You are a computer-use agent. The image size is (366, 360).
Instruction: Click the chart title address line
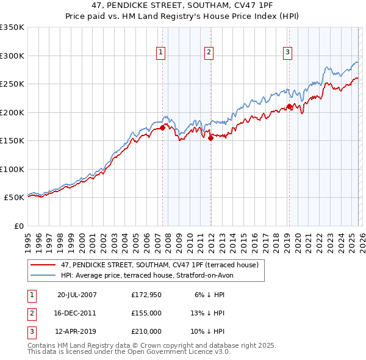(x=182, y=7)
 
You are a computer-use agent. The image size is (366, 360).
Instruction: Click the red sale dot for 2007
(x=163, y=128)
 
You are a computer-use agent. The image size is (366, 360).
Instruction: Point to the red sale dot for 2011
(x=210, y=138)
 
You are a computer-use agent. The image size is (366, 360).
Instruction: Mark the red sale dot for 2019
(x=289, y=107)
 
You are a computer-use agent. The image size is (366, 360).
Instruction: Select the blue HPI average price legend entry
(x=147, y=275)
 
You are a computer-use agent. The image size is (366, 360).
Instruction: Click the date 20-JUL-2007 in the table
(x=77, y=295)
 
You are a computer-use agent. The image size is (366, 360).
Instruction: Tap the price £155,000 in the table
(x=146, y=313)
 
